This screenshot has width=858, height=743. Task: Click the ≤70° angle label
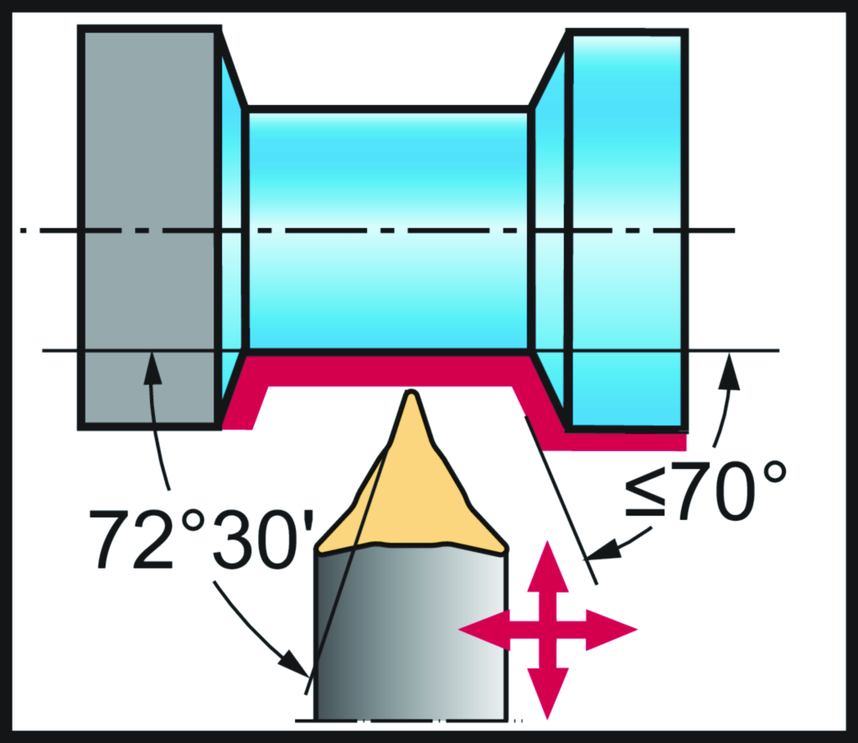706,491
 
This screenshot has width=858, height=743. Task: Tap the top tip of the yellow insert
411,392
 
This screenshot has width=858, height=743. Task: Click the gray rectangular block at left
149,227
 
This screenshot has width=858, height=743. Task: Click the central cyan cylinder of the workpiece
389,230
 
